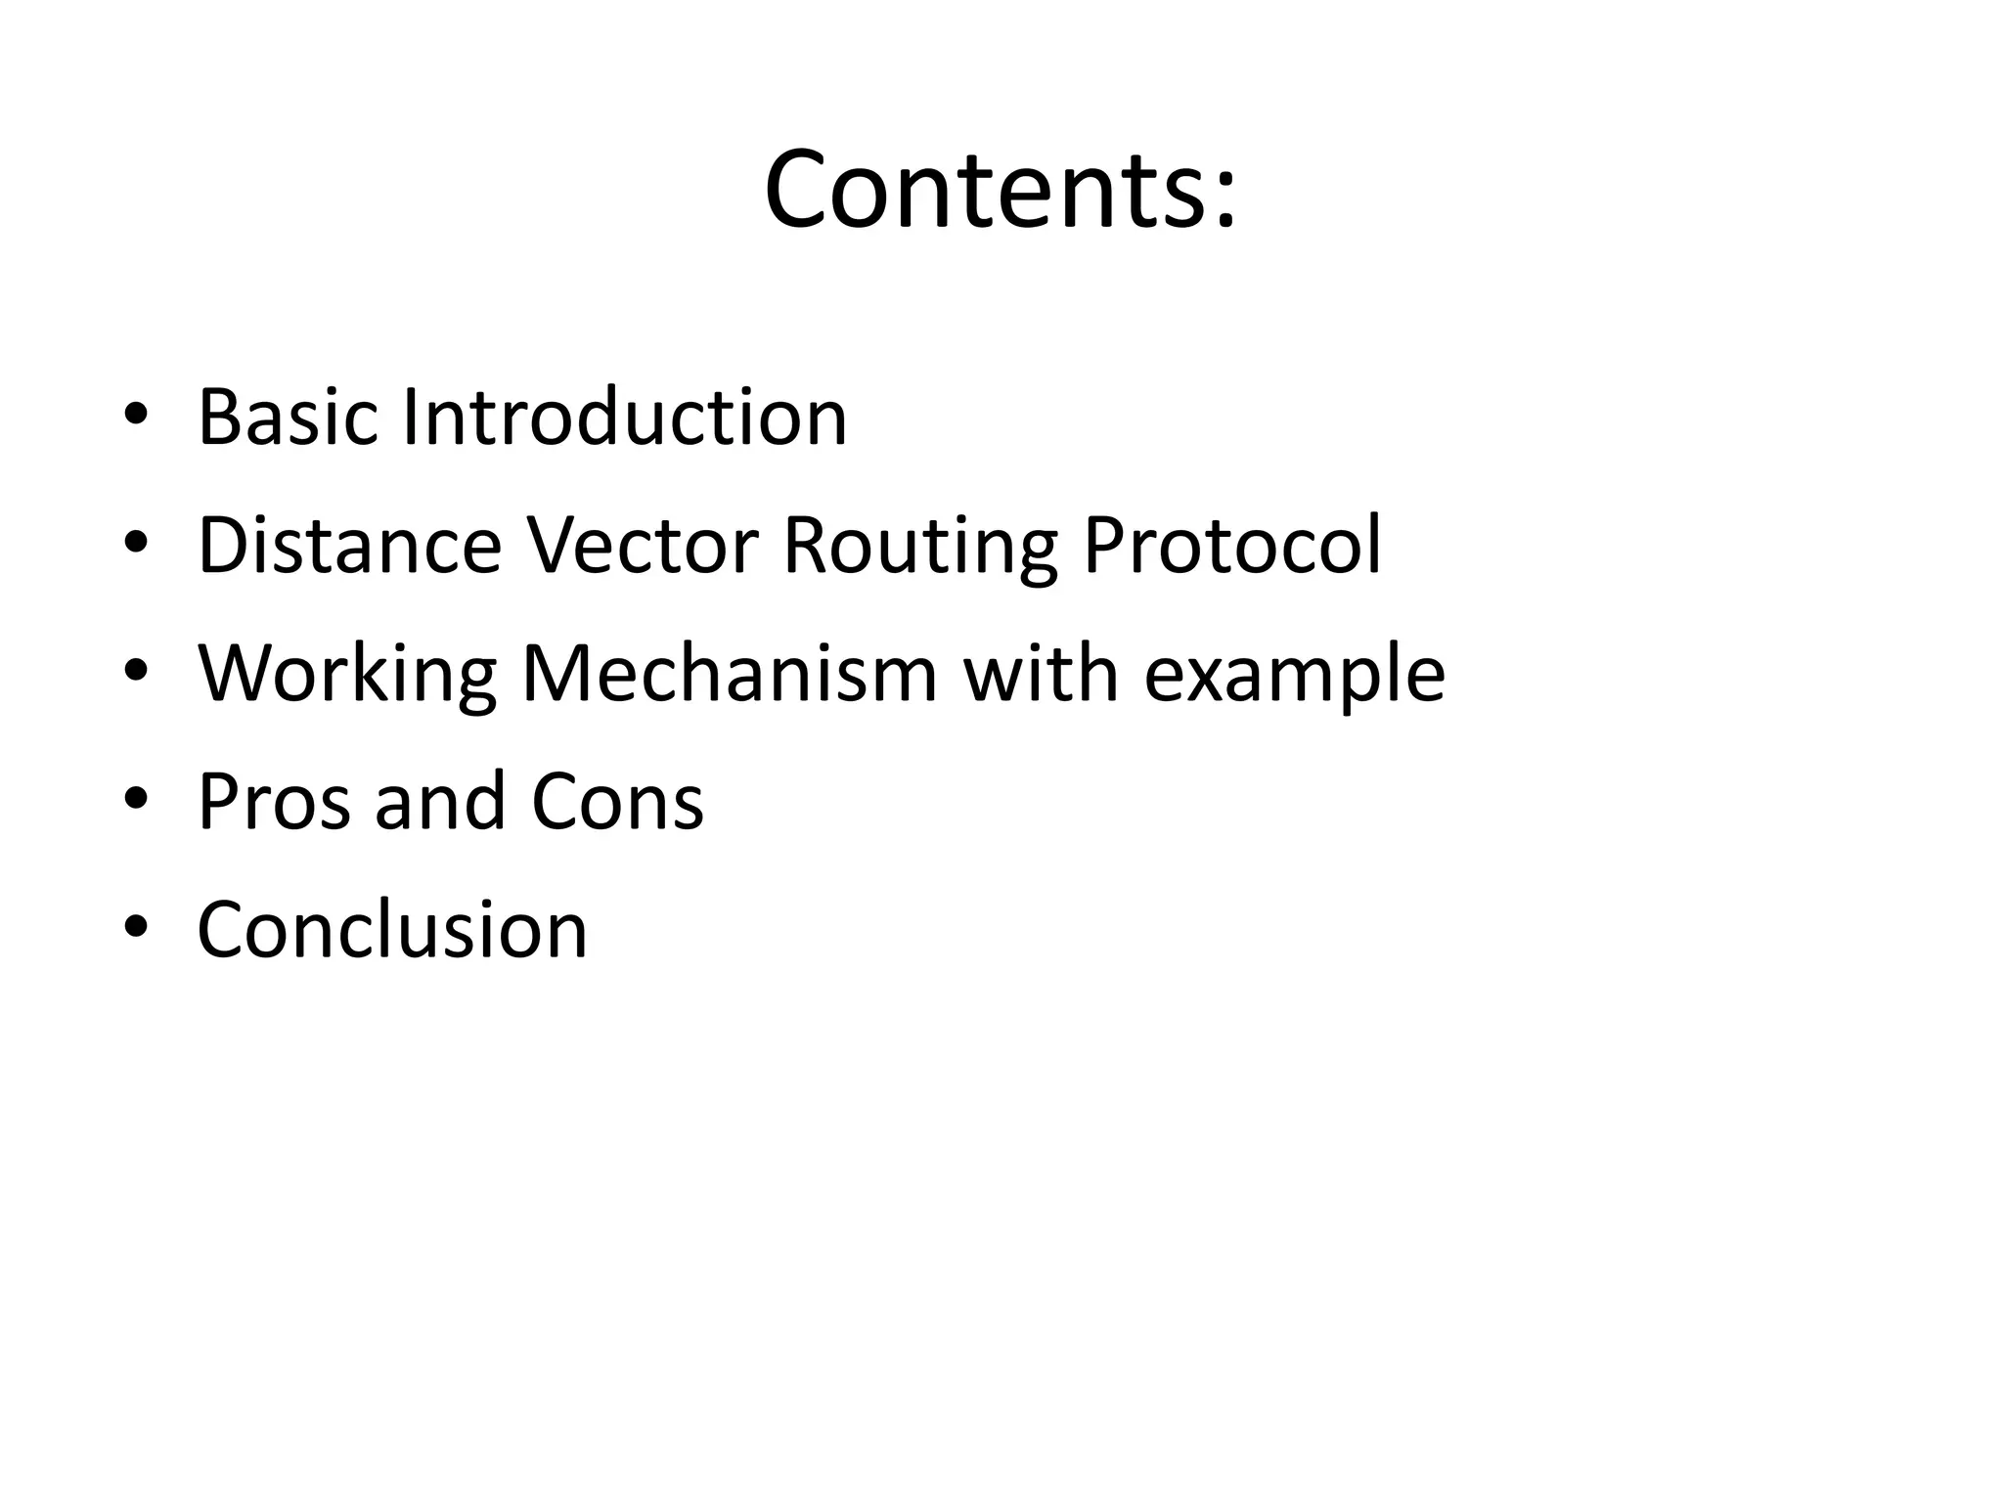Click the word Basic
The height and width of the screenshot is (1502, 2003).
click(x=287, y=418)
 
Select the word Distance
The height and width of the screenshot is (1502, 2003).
click(x=349, y=546)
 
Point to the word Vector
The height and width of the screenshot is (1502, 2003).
click(x=643, y=546)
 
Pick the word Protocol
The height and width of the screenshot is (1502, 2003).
click(x=1231, y=546)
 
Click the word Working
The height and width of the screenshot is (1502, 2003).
click(x=347, y=676)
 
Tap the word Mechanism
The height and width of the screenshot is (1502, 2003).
click(x=729, y=674)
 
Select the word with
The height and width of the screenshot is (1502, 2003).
click(x=1041, y=674)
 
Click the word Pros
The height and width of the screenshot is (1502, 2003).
click(x=274, y=802)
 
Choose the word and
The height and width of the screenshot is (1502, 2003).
click(x=440, y=802)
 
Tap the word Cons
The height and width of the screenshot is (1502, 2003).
click(x=617, y=802)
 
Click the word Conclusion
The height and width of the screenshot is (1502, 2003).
click(x=392, y=930)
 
